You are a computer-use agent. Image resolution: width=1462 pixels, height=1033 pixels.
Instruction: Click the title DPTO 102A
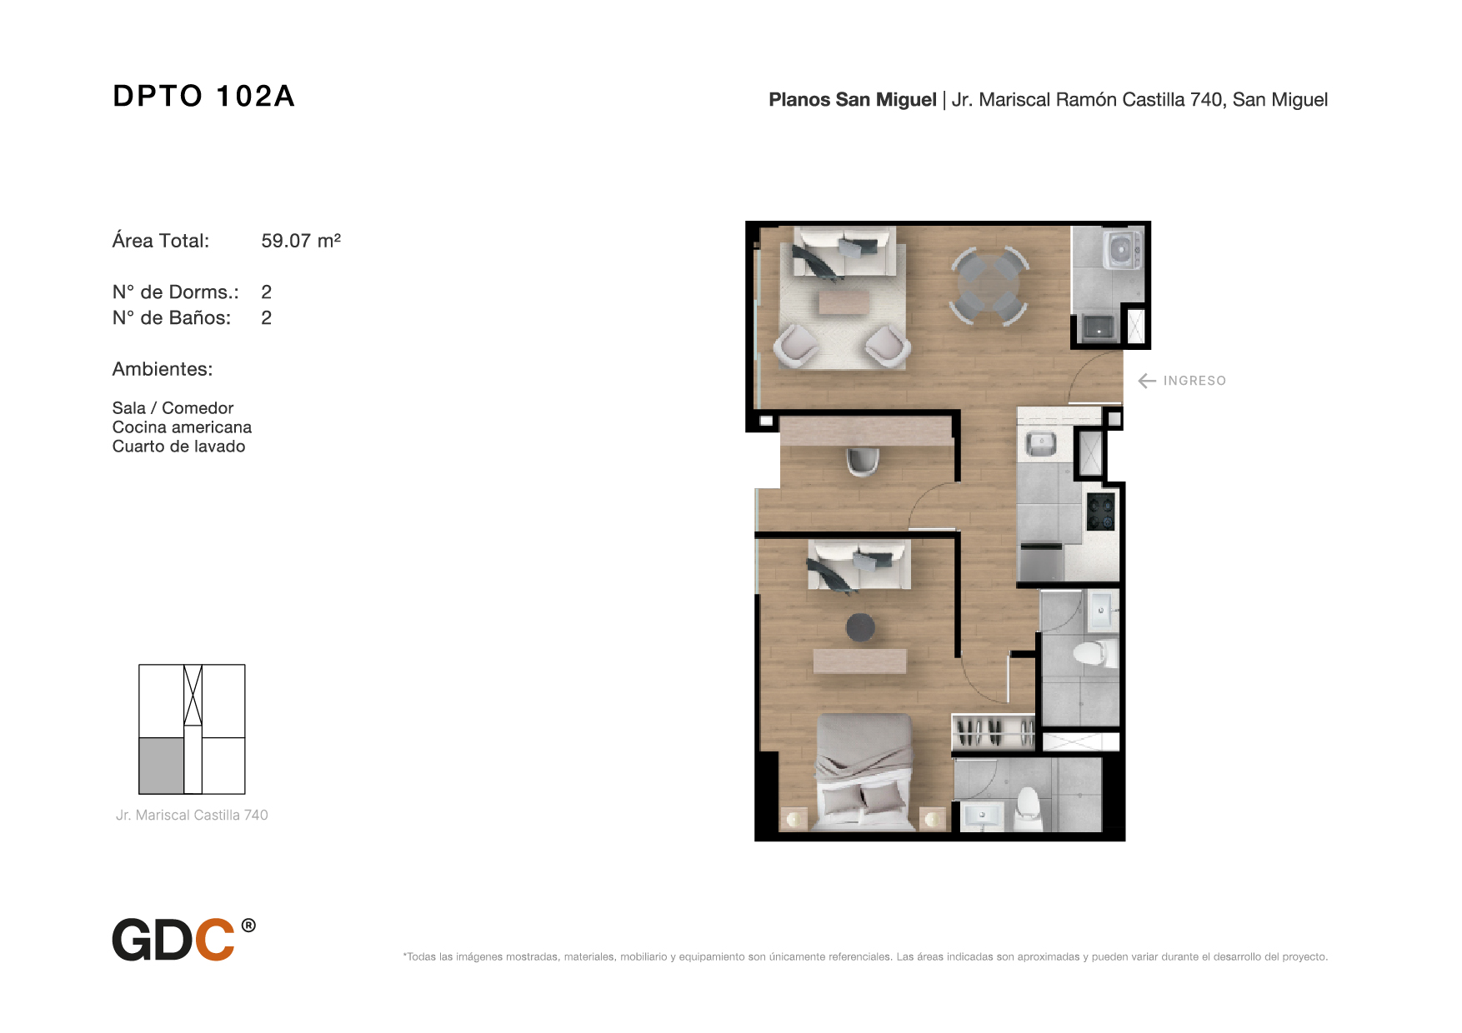coord(203,96)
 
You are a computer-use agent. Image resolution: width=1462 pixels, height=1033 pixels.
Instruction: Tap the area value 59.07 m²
coord(301,241)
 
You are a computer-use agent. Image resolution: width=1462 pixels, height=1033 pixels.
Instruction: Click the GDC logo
coord(184,940)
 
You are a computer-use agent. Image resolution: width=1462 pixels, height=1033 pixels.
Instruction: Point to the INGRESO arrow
coord(1147,381)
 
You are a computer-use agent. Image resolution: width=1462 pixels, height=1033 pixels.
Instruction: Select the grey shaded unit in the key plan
coord(162,766)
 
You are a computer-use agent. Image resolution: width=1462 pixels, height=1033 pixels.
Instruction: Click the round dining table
coord(989,286)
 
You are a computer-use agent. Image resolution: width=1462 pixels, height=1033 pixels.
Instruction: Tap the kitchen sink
coord(1041,444)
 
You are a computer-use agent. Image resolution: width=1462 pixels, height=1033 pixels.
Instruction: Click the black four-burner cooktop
coord(1101,512)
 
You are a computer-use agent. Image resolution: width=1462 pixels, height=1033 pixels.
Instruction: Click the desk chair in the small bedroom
coord(863,461)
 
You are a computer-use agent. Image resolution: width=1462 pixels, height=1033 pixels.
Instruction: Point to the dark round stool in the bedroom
coord(860,627)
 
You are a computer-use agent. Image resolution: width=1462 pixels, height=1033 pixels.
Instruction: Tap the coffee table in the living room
coord(844,302)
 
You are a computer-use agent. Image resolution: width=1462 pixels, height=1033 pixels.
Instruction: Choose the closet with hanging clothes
coord(994,733)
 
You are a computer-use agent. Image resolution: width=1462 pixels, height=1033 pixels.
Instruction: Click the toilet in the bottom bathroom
coord(1029,808)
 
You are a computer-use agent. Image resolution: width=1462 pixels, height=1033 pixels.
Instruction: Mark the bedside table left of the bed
coord(794,819)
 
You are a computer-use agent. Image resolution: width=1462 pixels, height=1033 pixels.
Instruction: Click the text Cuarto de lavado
coord(179,447)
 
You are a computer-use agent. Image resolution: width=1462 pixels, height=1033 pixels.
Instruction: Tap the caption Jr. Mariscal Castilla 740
coord(192,815)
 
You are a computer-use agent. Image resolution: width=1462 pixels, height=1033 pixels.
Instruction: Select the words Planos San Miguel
coord(853,100)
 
